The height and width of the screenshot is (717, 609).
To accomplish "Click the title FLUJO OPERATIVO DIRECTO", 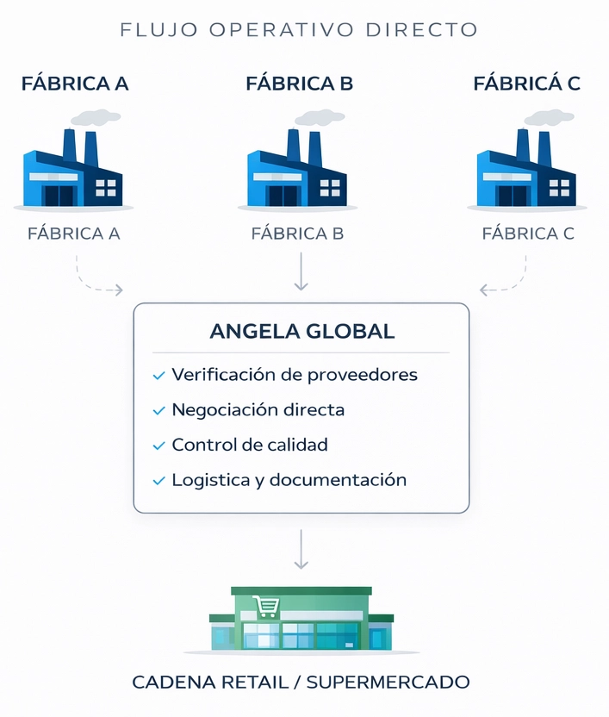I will pos(299,29).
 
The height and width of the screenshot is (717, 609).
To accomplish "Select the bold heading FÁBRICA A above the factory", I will pos(75,84).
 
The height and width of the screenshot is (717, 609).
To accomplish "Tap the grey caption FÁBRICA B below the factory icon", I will pos(297,233).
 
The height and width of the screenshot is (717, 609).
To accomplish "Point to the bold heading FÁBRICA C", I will pos(526,84).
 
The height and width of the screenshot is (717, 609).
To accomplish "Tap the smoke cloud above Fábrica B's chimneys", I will pos(319,116).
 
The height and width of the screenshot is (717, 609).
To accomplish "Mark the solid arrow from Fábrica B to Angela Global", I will pos(301,271).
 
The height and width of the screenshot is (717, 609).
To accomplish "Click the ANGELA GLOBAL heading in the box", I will pos(301,331).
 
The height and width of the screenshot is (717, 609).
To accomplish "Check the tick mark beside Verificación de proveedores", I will pos(158,376).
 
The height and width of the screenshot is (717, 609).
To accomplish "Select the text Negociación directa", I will pos(258,410).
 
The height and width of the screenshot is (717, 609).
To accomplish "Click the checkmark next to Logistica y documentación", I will pos(158,481).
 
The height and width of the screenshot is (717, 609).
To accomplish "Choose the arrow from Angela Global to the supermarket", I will pos(301,549).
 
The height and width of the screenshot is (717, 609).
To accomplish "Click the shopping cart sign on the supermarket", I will pos(264,607).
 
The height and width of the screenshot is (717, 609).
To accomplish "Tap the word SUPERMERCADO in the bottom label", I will pos(388,683).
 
